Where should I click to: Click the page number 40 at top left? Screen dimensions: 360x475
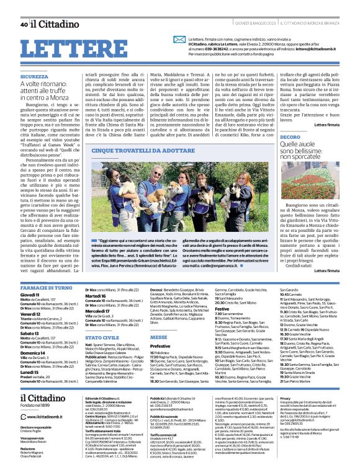point(24,24)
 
